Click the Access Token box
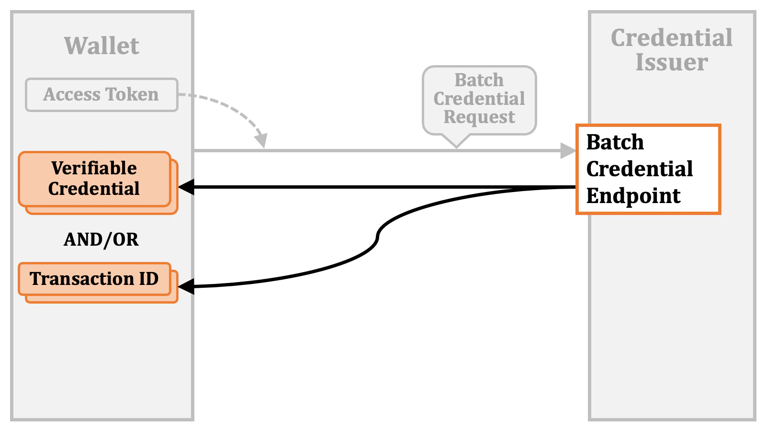[101, 95]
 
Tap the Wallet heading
[101, 46]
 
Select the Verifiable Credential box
[94, 179]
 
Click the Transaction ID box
[94, 279]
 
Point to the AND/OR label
[101, 239]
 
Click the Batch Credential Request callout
[479, 99]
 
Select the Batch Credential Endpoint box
[648, 169]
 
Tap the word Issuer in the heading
[672, 62]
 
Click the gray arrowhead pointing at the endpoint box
[568, 151]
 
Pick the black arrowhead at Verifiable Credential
[186, 187]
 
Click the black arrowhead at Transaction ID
[186, 286]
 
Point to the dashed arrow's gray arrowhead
[261, 141]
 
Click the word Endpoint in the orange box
[633, 196]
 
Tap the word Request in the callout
[479, 117]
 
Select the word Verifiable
[94, 168]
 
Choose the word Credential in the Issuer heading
[672, 38]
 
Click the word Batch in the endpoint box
[615, 142]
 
